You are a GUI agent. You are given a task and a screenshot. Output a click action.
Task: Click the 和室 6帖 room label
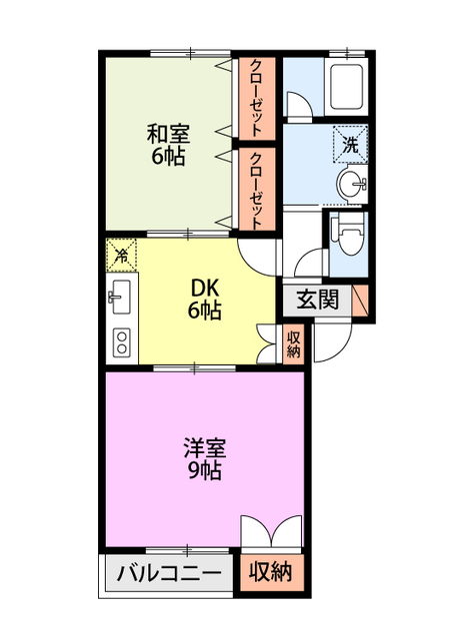tap(168, 145)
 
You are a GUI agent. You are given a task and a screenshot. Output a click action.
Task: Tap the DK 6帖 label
tap(204, 300)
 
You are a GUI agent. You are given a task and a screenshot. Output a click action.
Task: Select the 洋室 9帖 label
tap(204, 458)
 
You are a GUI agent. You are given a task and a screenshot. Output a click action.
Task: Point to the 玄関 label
tap(317, 300)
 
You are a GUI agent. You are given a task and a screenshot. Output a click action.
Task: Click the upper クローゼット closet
tap(257, 98)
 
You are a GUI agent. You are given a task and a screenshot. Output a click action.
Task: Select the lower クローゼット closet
tap(257, 189)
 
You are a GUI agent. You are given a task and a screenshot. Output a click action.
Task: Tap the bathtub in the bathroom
tap(346, 87)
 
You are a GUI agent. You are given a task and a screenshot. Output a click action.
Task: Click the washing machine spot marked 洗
tap(351, 144)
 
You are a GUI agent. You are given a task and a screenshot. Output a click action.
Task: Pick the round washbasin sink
tap(352, 184)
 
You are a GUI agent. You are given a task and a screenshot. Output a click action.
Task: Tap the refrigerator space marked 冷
tap(121, 255)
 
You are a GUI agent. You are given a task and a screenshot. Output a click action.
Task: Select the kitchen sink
tap(119, 298)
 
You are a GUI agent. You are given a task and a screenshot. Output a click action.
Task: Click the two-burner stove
tap(122, 342)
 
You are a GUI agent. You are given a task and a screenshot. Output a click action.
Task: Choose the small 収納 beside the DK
tap(293, 343)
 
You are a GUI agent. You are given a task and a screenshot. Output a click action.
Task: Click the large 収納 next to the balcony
tap(271, 572)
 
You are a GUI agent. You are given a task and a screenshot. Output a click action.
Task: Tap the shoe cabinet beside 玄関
tap(360, 300)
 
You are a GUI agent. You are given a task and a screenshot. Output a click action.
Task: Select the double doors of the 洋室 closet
tap(271, 530)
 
